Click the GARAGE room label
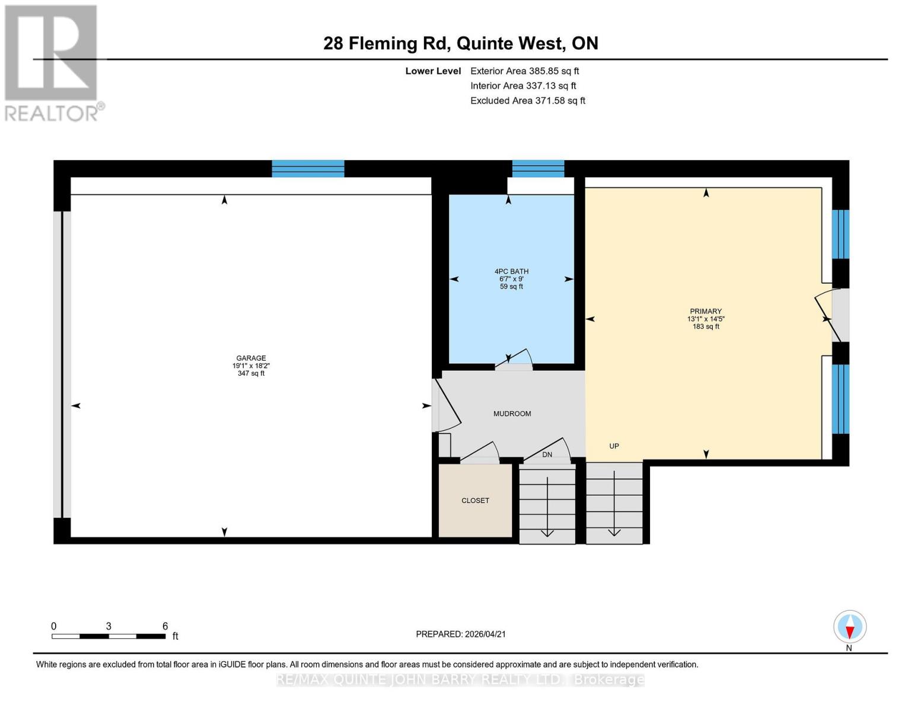[x=251, y=358]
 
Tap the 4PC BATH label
[x=511, y=272]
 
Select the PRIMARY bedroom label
[x=705, y=312]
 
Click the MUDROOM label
[x=512, y=414]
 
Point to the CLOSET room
[x=475, y=501]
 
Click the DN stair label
[x=547, y=454]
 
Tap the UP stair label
[x=614, y=446]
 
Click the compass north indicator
[x=849, y=627]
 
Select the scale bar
[x=109, y=636]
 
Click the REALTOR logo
[x=52, y=62]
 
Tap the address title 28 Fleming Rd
[x=460, y=43]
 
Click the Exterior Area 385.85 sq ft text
[x=524, y=71]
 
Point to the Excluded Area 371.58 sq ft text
[x=527, y=101]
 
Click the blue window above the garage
[x=308, y=168]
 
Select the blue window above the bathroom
[x=538, y=168]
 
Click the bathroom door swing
[x=514, y=359]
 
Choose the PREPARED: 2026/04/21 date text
[x=460, y=634]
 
